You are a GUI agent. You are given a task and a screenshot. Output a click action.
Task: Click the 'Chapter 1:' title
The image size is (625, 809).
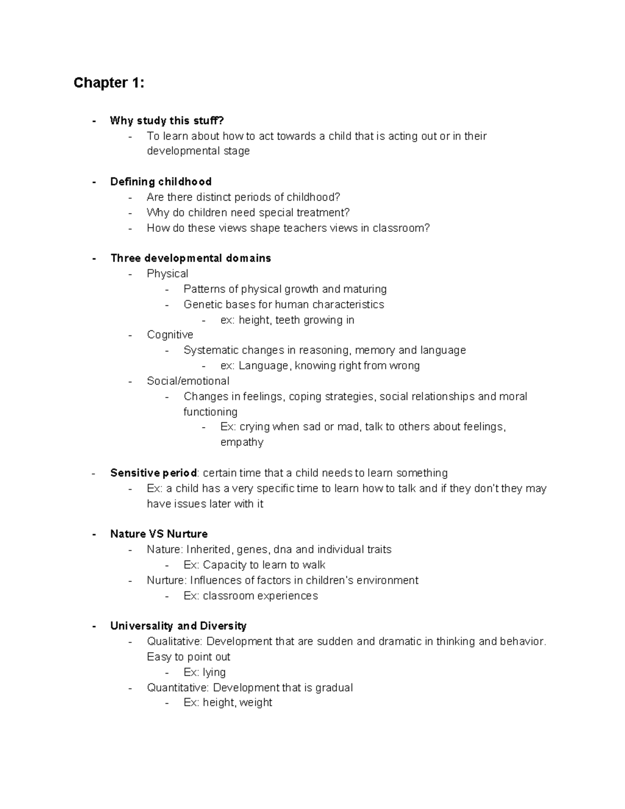[109, 83]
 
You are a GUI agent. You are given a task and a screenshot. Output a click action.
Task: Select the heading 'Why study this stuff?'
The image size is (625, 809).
[167, 121]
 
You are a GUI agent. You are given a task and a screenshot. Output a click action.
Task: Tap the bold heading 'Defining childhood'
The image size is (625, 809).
[161, 182]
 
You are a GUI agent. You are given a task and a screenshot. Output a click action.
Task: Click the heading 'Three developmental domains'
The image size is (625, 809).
[191, 258]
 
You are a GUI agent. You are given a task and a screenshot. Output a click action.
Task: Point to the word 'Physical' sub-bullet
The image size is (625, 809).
[167, 273]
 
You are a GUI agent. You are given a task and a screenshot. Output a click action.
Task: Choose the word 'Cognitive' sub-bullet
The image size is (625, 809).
[170, 334]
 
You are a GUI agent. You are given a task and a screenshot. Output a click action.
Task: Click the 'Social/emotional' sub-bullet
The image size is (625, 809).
[188, 381]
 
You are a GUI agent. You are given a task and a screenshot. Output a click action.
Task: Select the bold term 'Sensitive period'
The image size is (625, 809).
[154, 473]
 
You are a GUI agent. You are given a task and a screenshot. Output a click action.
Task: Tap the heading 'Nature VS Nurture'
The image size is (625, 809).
[159, 534]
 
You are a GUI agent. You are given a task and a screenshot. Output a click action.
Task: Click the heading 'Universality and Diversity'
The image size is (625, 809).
[178, 626]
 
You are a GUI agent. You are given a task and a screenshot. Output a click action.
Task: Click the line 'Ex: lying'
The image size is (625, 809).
[205, 672]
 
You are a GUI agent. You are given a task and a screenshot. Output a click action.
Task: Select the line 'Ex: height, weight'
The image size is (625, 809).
[228, 703]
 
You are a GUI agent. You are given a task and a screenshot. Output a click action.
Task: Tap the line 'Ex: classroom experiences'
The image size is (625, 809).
[251, 595]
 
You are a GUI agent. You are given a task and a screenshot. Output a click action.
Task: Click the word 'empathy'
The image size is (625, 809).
[242, 442]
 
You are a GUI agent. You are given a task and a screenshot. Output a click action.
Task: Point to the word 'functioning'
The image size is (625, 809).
[210, 412]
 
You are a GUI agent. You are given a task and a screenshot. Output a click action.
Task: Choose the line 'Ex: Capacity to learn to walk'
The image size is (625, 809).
[254, 565]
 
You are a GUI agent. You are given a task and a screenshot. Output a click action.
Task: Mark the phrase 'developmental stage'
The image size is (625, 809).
[198, 151]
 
